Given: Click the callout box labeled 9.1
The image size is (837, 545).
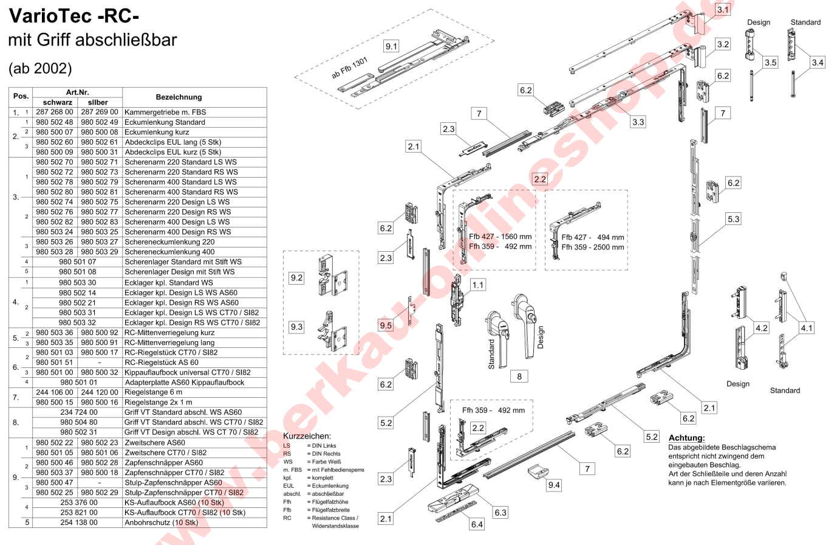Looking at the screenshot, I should [391, 46].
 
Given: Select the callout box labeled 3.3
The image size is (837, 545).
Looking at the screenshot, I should [638, 122].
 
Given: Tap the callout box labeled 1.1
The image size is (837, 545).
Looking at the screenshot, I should [478, 284].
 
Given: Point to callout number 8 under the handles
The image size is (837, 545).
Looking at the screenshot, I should [519, 377].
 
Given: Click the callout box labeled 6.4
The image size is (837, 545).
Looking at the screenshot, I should [477, 524].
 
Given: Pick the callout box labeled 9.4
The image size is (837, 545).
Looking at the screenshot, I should [554, 485].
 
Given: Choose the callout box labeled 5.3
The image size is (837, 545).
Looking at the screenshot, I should [734, 219].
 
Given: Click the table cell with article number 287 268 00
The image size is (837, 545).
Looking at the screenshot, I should [55, 112].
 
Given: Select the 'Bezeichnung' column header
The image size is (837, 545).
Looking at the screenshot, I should [179, 97].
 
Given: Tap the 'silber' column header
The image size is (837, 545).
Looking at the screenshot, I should [98, 102].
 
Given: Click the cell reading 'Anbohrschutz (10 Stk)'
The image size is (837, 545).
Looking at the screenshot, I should [161, 522].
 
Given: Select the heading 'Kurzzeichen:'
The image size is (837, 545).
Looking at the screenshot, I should [307, 436].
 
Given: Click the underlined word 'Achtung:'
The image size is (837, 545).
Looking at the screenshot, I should [686, 438].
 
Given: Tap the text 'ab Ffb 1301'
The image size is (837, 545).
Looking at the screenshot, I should [349, 68].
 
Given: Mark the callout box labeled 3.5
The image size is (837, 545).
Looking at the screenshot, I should [770, 62].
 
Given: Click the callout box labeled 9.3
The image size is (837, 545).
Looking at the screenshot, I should [296, 327].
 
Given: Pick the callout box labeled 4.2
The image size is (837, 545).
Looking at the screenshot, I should [761, 328].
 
